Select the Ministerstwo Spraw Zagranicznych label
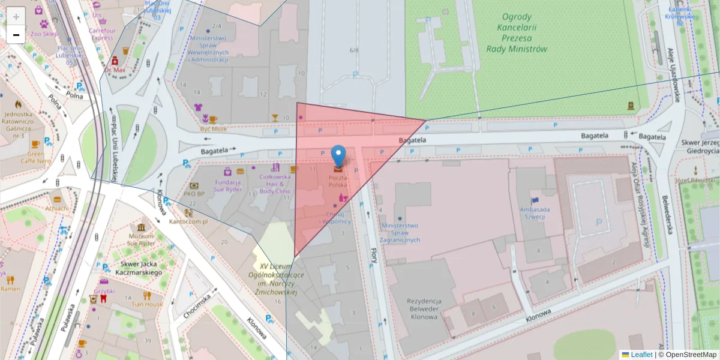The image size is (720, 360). (400, 233)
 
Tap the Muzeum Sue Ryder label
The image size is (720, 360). (141, 240)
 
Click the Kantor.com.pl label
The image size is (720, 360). (188, 221)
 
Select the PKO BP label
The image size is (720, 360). (194, 194)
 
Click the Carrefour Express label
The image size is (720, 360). (102, 34)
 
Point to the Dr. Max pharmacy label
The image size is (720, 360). (115, 70)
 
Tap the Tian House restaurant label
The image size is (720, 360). (147, 304)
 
